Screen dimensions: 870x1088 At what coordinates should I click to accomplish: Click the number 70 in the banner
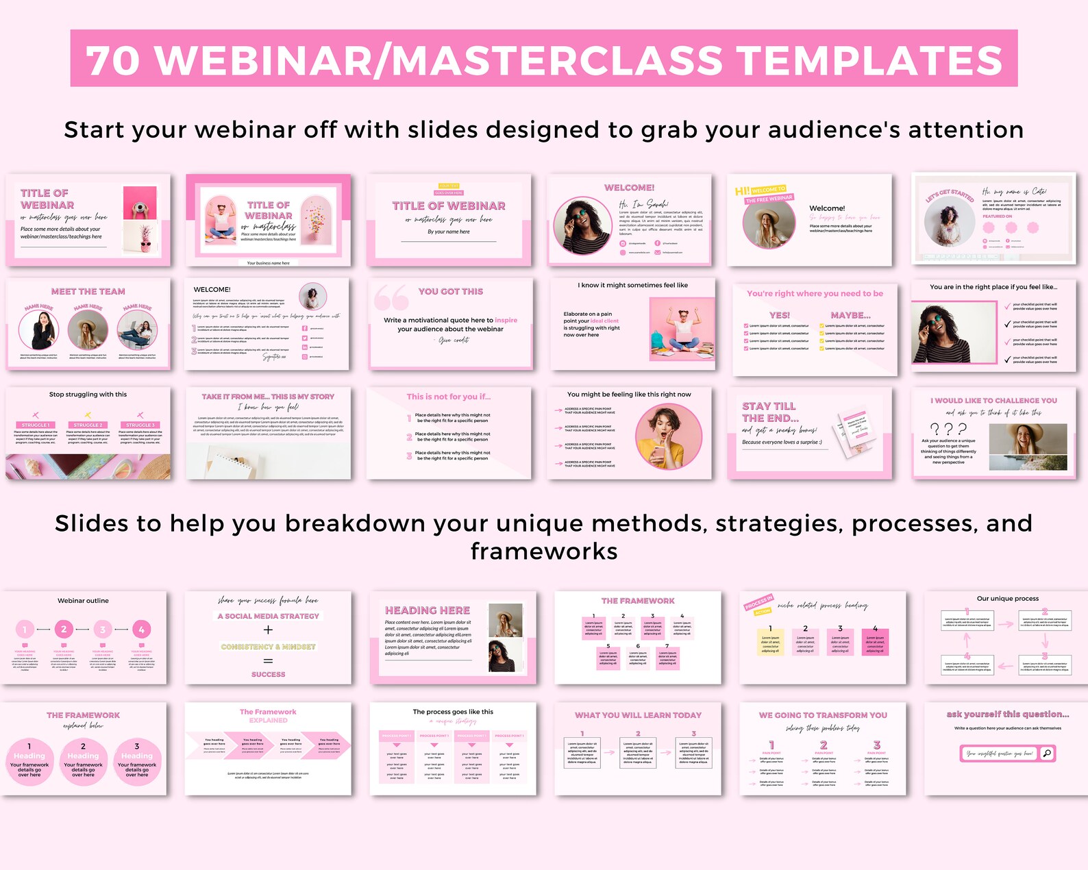point(113,60)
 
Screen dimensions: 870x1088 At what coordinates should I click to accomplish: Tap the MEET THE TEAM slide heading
point(88,291)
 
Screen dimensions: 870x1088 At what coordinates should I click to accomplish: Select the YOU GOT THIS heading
point(450,291)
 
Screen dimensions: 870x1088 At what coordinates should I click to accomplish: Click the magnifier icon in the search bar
point(1046,754)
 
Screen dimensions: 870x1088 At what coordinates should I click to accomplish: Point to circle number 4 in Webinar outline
point(141,629)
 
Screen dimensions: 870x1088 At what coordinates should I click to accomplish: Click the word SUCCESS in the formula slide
point(268,674)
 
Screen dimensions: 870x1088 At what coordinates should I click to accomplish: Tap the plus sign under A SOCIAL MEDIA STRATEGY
point(268,630)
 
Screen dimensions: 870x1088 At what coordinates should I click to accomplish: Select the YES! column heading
point(780,315)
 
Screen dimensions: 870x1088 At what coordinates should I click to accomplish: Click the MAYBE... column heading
point(850,315)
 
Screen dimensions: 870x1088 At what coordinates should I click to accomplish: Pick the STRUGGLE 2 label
point(88,425)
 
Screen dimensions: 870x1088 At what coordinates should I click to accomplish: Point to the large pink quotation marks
point(391,298)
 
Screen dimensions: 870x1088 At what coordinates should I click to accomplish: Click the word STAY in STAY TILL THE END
point(757,406)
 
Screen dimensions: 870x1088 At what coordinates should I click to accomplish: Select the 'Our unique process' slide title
point(1007,598)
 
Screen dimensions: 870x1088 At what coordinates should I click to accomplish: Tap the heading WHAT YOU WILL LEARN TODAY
point(638,714)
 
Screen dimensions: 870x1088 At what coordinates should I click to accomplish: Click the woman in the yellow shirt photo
point(668,436)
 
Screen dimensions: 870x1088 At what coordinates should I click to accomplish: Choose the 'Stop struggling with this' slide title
point(88,395)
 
